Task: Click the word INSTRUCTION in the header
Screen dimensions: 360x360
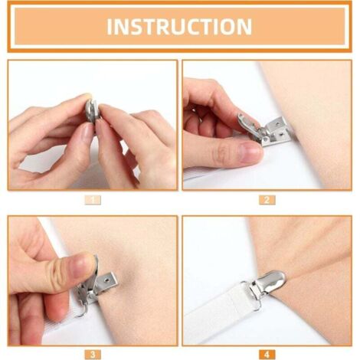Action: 179,27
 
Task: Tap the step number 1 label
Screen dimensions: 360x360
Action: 92,200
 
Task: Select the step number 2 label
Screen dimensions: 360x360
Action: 267,200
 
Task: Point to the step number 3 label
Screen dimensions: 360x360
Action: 92,354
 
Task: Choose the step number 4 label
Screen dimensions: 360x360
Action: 267,354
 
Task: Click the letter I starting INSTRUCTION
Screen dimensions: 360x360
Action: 109,27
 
